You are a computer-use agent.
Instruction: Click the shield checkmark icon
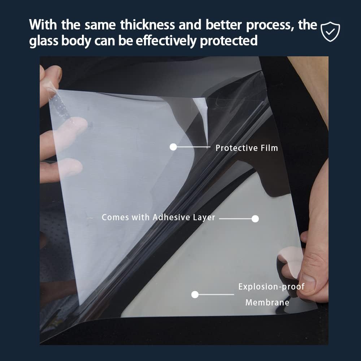pyautogui.click(x=330, y=31)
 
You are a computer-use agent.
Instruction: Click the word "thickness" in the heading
pyautogui.click(x=148, y=25)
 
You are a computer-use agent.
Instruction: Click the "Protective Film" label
pyautogui.click(x=247, y=148)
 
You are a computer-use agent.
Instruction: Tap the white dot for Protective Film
pyautogui.click(x=173, y=147)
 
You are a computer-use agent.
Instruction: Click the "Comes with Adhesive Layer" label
pyautogui.click(x=158, y=217)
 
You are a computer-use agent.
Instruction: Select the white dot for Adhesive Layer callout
pyautogui.click(x=255, y=219)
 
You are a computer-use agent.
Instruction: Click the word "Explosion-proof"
pyautogui.click(x=271, y=287)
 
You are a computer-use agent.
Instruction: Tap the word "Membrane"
pyautogui.click(x=267, y=302)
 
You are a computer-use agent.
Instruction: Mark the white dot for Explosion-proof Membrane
pyautogui.click(x=195, y=295)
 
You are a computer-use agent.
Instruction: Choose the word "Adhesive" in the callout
pyautogui.click(x=171, y=217)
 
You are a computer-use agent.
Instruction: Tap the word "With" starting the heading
pyautogui.click(x=43, y=25)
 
